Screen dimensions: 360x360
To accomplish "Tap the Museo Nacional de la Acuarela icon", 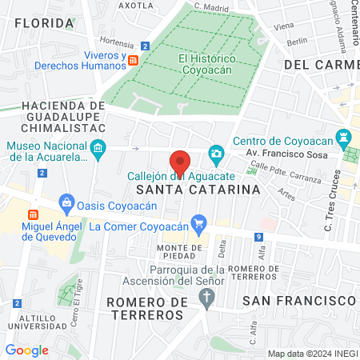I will [x=98, y=146].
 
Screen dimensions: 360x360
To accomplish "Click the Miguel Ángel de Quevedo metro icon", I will [x=34, y=214].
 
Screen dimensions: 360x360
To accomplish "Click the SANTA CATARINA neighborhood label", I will [x=198, y=190].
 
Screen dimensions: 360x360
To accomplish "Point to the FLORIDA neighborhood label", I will [x=44, y=23].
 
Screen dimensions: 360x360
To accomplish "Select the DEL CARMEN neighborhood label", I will [x=319, y=63].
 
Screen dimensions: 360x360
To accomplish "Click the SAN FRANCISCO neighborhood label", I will [x=299, y=299].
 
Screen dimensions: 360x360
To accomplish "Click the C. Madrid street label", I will [x=211, y=8].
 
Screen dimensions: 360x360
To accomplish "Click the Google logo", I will [x=26, y=350].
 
